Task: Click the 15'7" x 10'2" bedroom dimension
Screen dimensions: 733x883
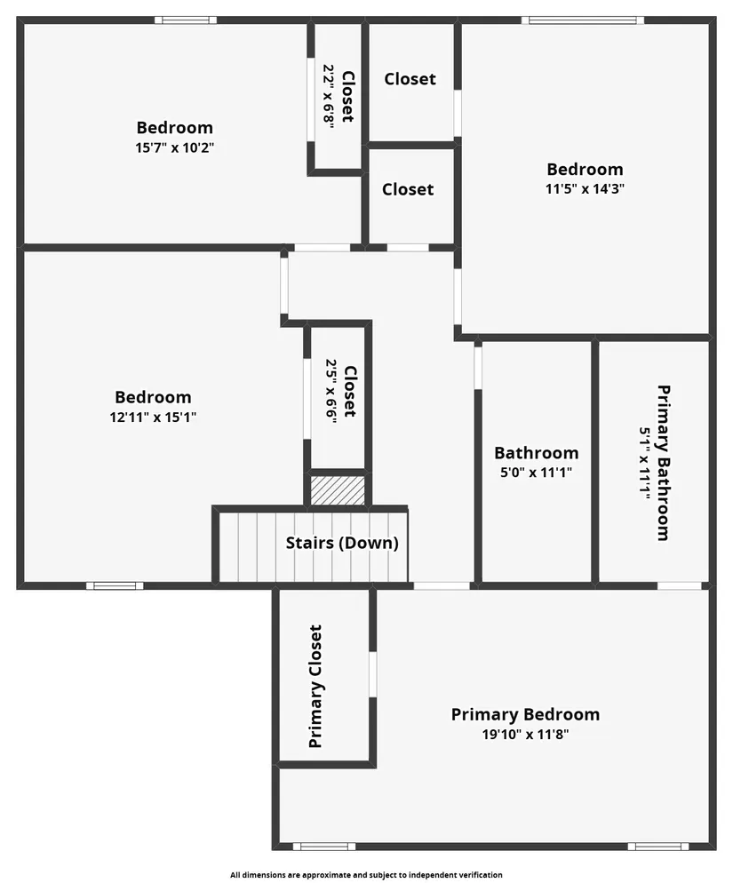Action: click(x=175, y=148)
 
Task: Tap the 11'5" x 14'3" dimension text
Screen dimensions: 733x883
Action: click(x=585, y=188)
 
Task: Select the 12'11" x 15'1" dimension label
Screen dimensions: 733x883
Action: click(x=153, y=418)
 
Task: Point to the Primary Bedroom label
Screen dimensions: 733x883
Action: click(x=525, y=714)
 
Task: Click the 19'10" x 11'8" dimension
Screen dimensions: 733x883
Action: click(x=525, y=735)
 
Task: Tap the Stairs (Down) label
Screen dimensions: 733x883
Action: click(x=342, y=543)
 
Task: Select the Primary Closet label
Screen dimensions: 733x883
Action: click(x=315, y=687)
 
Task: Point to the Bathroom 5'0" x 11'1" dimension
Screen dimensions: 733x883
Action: click(x=537, y=473)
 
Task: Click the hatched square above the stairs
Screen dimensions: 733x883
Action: click(x=338, y=490)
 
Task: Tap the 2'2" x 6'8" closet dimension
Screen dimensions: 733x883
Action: click(x=329, y=96)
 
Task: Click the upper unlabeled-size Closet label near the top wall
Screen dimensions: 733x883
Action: click(x=410, y=79)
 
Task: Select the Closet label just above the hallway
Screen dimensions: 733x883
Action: click(x=408, y=189)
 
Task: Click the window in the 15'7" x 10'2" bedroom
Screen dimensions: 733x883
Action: click(x=186, y=20)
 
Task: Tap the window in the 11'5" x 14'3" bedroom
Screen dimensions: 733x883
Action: click(x=583, y=20)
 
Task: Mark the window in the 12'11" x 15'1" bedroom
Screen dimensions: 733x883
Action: click(x=115, y=585)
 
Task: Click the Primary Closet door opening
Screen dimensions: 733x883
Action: click(x=372, y=674)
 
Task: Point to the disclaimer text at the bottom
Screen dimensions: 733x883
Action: click(x=366, y=874)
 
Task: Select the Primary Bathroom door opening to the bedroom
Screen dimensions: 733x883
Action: click(x=680, y=585)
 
